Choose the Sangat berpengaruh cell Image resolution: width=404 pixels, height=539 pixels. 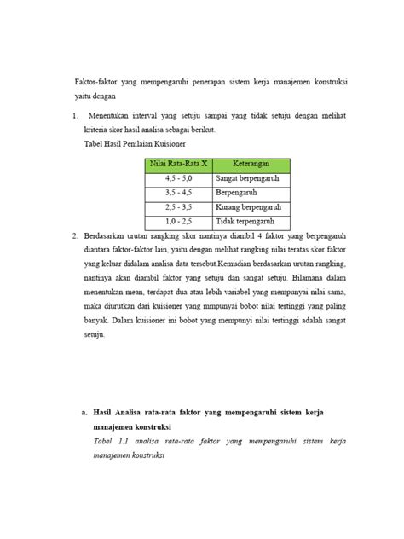[x=245, y=178]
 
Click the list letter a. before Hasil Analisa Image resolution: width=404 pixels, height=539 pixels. [x=85, y=411]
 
